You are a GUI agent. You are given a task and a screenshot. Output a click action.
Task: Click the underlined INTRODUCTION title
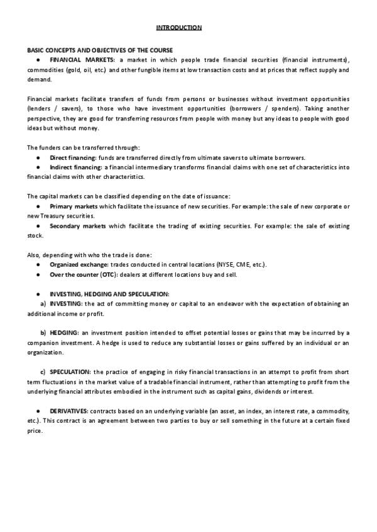tap(179, 27)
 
